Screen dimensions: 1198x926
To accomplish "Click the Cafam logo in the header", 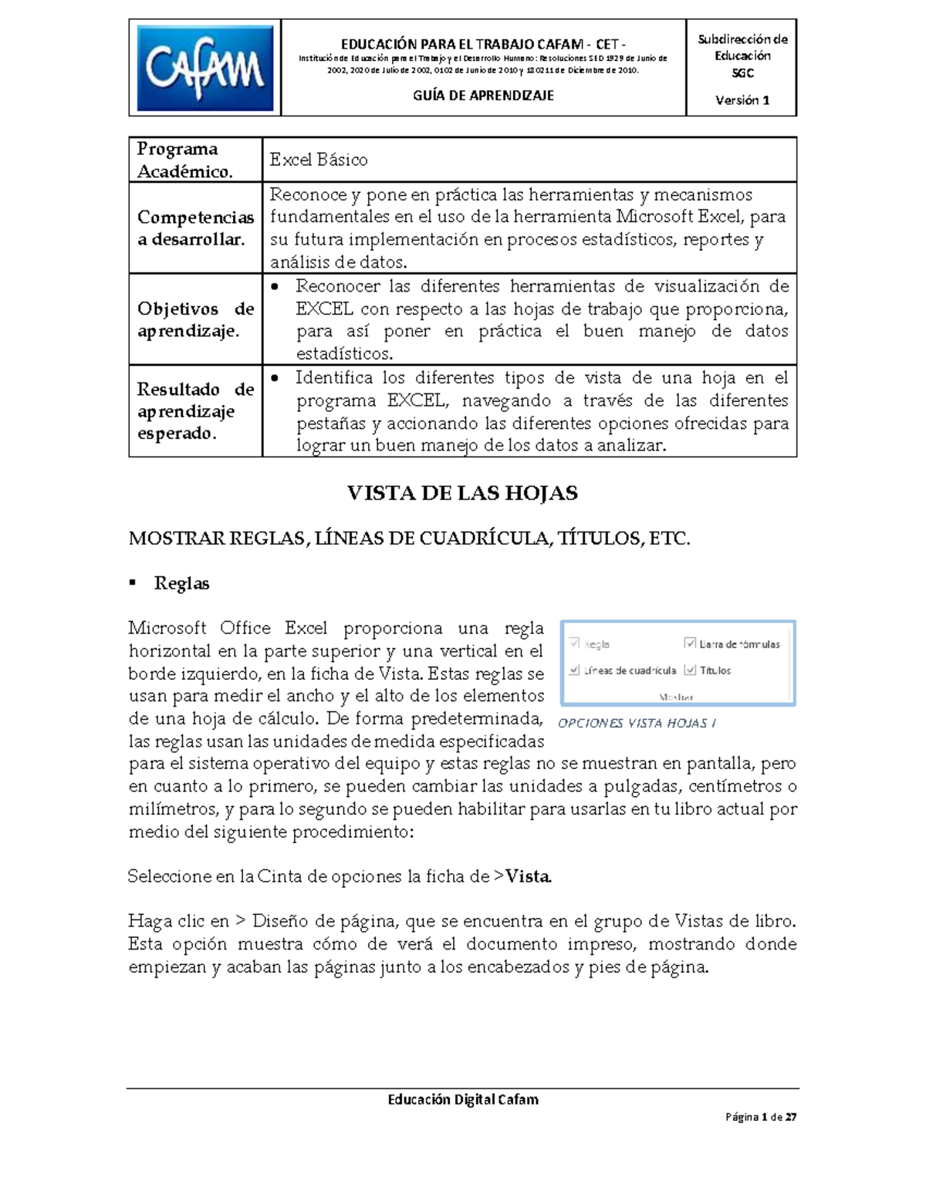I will [x=204, y=68].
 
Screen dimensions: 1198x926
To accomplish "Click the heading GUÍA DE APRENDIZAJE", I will [x=483, y=96].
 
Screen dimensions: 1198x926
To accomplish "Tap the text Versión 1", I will [x=742, y=100].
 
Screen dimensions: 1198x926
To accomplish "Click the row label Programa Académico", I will [x=185, y=160].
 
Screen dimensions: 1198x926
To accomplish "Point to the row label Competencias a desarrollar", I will [x=195, y=228].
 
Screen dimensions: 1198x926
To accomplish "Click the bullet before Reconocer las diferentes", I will [x=275, y=288].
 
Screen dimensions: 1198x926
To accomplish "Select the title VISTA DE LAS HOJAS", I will [x=462, y=494].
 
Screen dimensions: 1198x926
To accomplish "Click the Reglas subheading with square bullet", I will [x=181, y=584].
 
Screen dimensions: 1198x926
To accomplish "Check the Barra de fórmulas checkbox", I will [x=690, y=643].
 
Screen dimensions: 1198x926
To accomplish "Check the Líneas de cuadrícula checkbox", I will [x=574, y=670].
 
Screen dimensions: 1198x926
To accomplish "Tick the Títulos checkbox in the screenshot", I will [x=690, y=670].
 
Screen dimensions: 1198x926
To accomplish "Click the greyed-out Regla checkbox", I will [x=574, y=643].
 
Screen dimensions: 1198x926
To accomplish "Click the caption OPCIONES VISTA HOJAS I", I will [x=637, y=724].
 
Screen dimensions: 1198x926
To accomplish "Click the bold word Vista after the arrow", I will [x=528, y=877].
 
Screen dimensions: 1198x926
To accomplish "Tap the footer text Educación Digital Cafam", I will [x=463, y=1100].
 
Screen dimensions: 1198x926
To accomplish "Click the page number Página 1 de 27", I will [x=760, y=1117].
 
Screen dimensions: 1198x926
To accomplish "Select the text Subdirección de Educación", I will [x=742, y=47].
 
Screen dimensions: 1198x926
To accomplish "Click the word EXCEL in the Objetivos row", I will [x=324, y=309].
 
